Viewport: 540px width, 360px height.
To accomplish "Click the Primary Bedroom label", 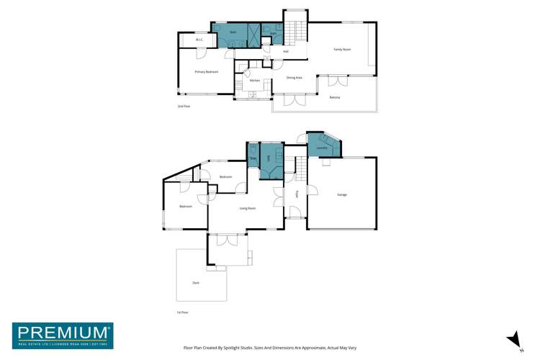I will click(x=206, y=72).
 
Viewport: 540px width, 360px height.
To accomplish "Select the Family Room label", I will click(x=341, y=50).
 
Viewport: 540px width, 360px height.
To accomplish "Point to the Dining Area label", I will click(x=294, y=77).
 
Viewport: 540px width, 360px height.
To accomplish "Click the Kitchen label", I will click(x=254, y=80).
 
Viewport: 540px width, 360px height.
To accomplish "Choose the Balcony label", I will click(x=335, y=97).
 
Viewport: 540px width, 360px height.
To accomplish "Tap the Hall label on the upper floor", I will click(x=285, y=52).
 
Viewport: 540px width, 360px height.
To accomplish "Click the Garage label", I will click(x=342, y=194).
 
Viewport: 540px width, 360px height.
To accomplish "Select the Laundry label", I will click(x=322, y=148).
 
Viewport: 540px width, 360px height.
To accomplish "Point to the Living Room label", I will click(x=248, y=208).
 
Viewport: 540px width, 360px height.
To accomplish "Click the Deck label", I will click(x=196, y=283).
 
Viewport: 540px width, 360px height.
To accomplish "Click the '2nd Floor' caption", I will click(x=184, y=107).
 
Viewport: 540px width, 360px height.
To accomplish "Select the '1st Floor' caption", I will click(x=182, y=312).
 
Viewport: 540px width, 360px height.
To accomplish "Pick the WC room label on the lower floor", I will click(x=253, y=158).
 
